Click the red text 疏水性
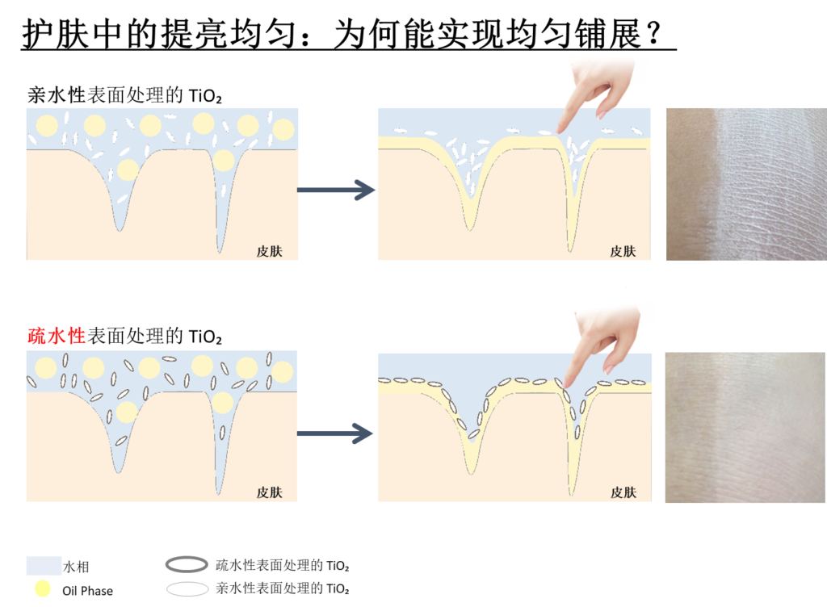(x=57, y=336)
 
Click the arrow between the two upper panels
(x=337, y=190)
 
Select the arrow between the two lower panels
(x=335, y=435)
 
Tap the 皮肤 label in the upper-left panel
(x=269, y=250)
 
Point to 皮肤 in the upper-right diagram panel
(x=623, y=250)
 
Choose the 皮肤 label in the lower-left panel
(x=269, y=492)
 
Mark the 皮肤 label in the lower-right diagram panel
(x=623, y=492)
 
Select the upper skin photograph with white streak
(x=745, y=184)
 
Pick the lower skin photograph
(x=745, y=427)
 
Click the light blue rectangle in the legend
(x=44, y=565)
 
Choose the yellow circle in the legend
(x=42, y=588)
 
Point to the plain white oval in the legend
(x=187, y=588)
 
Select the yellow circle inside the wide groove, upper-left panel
(x=127, y=170)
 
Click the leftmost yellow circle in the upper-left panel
(x=47, y=125)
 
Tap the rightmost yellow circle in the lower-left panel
(x=282, y=370)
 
